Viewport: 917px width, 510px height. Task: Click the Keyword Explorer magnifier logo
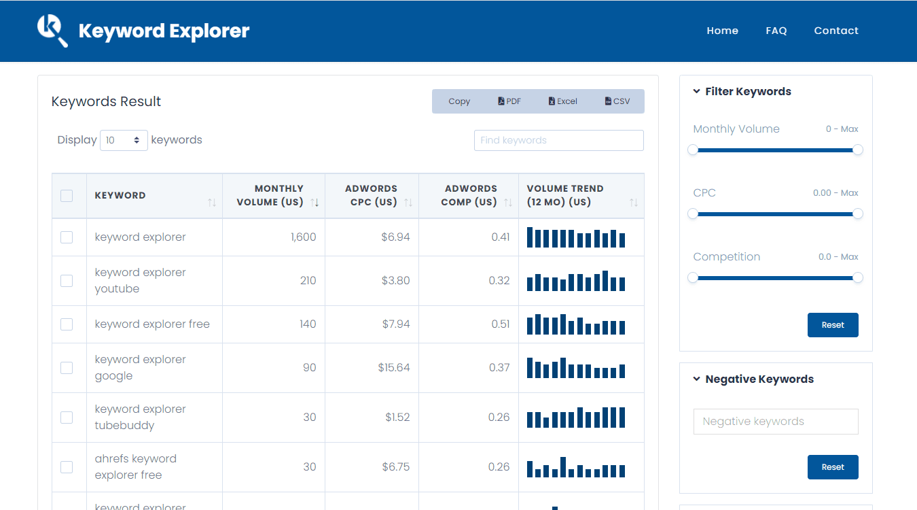pos(52,31)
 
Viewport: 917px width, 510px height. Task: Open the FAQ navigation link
pos(776,31)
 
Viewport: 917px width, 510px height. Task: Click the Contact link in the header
pos(836,31)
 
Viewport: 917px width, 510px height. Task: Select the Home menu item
pos(722,31)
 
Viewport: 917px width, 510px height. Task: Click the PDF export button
pos(509,101)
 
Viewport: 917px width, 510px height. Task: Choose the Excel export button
pos(562,101)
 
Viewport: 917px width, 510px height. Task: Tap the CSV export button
pos(617,101)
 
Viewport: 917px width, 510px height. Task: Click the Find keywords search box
pos(558,140)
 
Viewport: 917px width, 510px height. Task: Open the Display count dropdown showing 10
pos(124,140)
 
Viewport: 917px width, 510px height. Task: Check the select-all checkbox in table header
pos(67,196)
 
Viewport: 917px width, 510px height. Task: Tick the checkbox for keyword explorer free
pos(67,324)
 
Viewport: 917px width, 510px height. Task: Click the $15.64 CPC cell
pos(394,367)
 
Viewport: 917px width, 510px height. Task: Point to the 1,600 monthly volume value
pos(303,237)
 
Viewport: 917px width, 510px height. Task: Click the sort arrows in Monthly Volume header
pos(314,203)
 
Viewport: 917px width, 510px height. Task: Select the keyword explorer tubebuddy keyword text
pos(140,417)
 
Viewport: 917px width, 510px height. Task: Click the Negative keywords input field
pos(775,422)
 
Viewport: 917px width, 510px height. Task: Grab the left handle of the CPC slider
pos(693,214)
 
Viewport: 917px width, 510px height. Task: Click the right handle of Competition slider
pos(858,277)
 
